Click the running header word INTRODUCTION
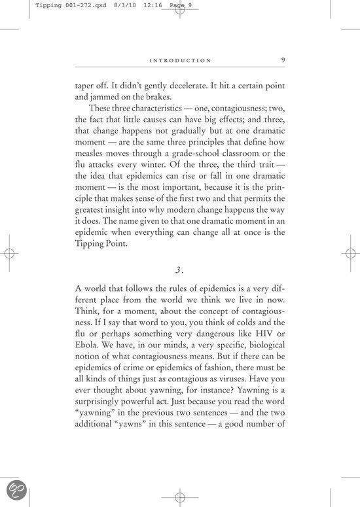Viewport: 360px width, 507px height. [x=181, y=61]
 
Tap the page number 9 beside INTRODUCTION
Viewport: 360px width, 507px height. [x=282, y=60]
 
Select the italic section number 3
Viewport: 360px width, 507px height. [x=179, y=270]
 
